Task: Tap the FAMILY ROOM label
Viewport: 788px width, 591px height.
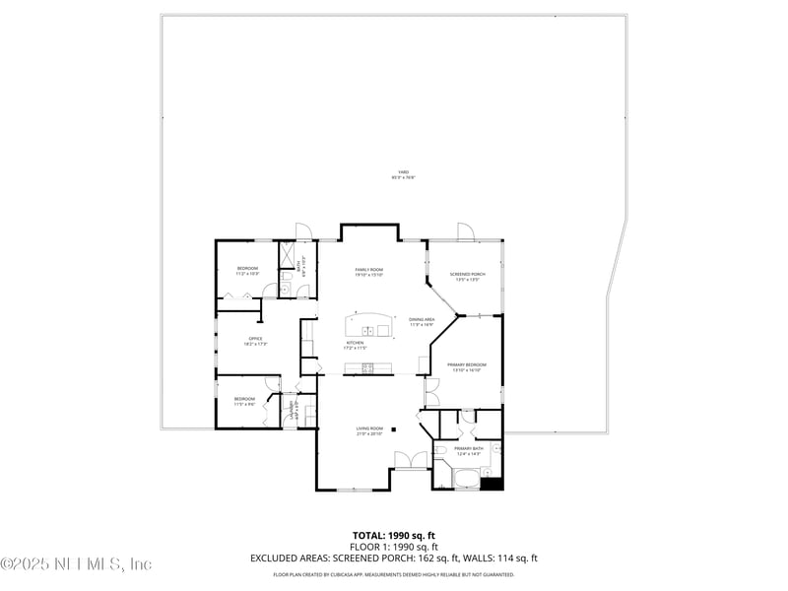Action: click(x=369, y=272)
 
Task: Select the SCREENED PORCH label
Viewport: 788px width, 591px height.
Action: click(x=467, y=276)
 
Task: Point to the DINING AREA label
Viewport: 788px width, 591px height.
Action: click(x=422, y=321)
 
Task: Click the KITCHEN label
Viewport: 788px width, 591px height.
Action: click(x=355, y=346)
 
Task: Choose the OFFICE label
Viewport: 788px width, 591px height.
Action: click(x=254, y=340)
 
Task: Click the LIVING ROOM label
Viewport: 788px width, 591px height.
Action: click(x=368, y=430)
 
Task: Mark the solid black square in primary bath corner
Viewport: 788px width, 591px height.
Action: click(x=496, y=483)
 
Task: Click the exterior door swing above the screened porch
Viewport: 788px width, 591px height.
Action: click(x=464, y=231)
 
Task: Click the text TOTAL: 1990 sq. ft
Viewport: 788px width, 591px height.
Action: click(x=394, y=535)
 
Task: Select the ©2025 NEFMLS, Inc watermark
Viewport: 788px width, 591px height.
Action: click(x=76, y=564)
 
